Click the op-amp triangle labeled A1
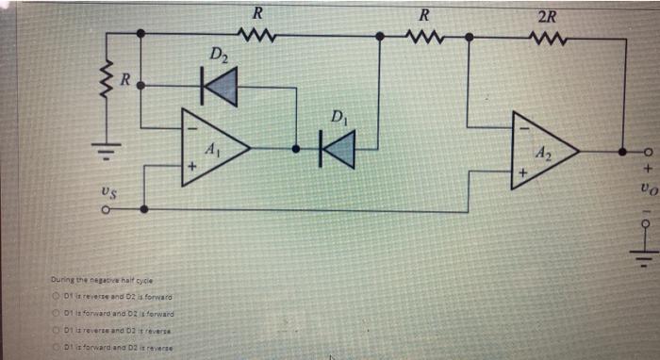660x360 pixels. [213, 148]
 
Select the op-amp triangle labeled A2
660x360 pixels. [542, 149]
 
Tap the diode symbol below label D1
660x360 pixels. [338, 148]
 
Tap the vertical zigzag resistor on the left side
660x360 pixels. [107, 84]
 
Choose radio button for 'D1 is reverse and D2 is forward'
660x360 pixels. [57, 297]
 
